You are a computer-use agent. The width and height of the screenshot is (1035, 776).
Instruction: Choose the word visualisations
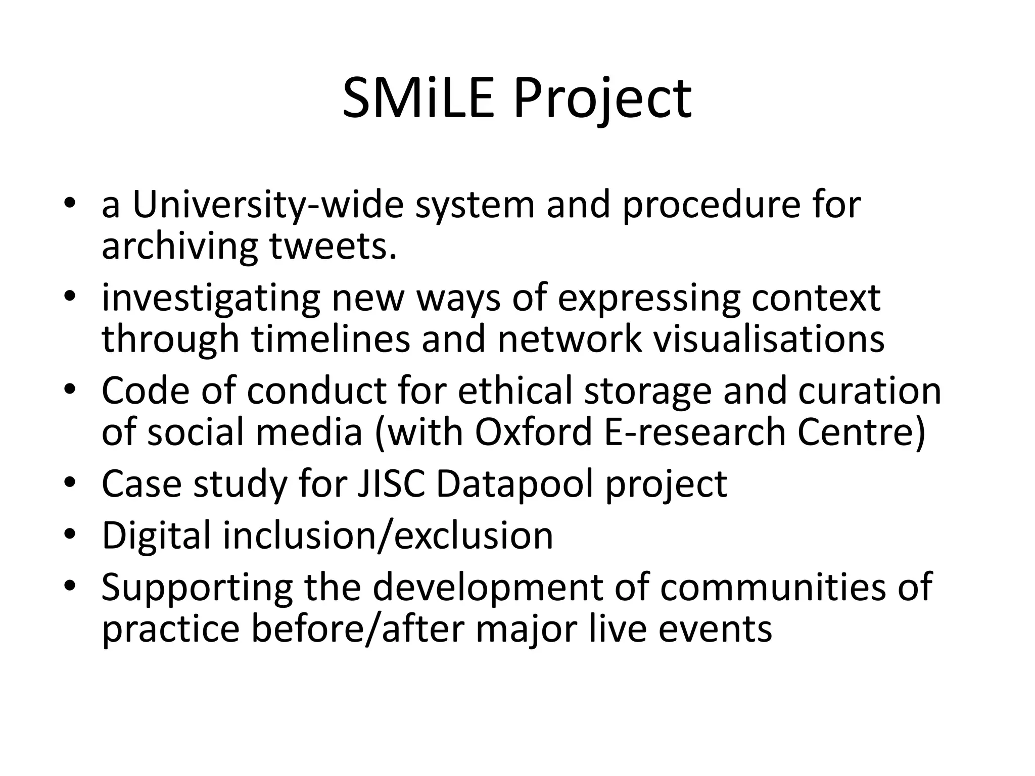coord(769,339)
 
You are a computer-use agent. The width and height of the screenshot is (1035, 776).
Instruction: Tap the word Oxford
coord(533,432)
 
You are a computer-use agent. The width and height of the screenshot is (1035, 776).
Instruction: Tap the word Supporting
coord(197,587)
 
